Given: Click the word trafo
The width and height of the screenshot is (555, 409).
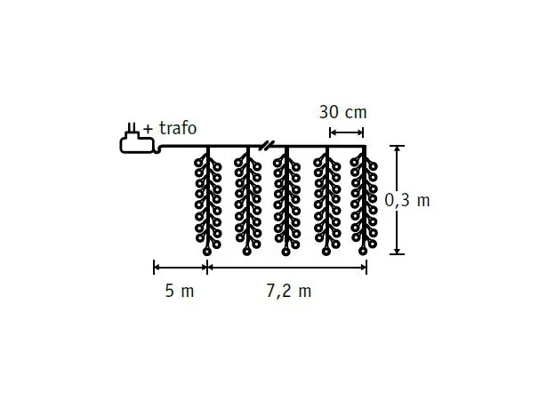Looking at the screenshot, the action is (178, 128).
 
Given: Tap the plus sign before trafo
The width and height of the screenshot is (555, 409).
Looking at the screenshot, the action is (148, 129).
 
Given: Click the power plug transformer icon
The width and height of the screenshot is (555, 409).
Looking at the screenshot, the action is (137, 139).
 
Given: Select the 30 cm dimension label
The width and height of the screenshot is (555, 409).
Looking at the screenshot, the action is (343, 113).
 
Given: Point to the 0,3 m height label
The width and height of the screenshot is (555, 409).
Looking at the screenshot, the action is (407, 201).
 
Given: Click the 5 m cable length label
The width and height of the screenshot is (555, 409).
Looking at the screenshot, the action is (180, 291).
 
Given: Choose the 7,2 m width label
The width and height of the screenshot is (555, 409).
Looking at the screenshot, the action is (288, 292).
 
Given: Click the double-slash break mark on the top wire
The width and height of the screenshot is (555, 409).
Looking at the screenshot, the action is (266, 145).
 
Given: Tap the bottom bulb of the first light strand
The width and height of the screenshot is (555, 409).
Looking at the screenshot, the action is (207, 252).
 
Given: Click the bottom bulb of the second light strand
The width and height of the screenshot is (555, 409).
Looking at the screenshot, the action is (246, 252).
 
